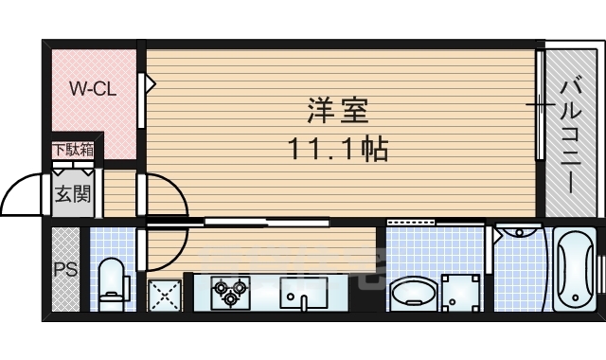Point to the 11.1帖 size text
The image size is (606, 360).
click(x=339, y=149)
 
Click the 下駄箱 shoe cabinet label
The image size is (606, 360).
click(x=73, y=150)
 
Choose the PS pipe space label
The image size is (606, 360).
click(x=65, y=269)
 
